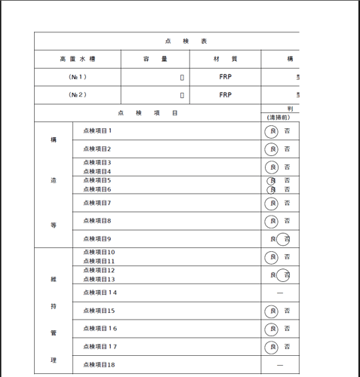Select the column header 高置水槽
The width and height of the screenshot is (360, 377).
pos(78,59)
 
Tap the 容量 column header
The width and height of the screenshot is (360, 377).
pos(155,59)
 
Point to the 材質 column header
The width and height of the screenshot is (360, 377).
pos(225,59)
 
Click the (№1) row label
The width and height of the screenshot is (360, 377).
pos(78,77)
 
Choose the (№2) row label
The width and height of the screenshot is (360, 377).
pos(78,95)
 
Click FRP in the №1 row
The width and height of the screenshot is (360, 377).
pos(225,77)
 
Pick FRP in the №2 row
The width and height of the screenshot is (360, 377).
pos(225,95)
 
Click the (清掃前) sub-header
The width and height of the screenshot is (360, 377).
pos(278,117)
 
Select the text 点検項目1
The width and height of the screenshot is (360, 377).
pos(97,130)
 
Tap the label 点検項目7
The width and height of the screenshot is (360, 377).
pos(97,203)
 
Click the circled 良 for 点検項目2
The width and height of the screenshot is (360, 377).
pos(272,149)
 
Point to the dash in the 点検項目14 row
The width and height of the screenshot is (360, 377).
pos(279,293)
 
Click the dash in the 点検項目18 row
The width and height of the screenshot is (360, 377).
pos(279,365)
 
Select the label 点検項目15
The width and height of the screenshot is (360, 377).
pos(99,311)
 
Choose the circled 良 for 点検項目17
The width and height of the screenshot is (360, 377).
pos(272,347)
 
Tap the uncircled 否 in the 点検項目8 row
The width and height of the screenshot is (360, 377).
pos(287,222)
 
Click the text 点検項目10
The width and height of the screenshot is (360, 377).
pos(99,253)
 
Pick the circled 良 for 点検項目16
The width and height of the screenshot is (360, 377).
pos(272,329)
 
